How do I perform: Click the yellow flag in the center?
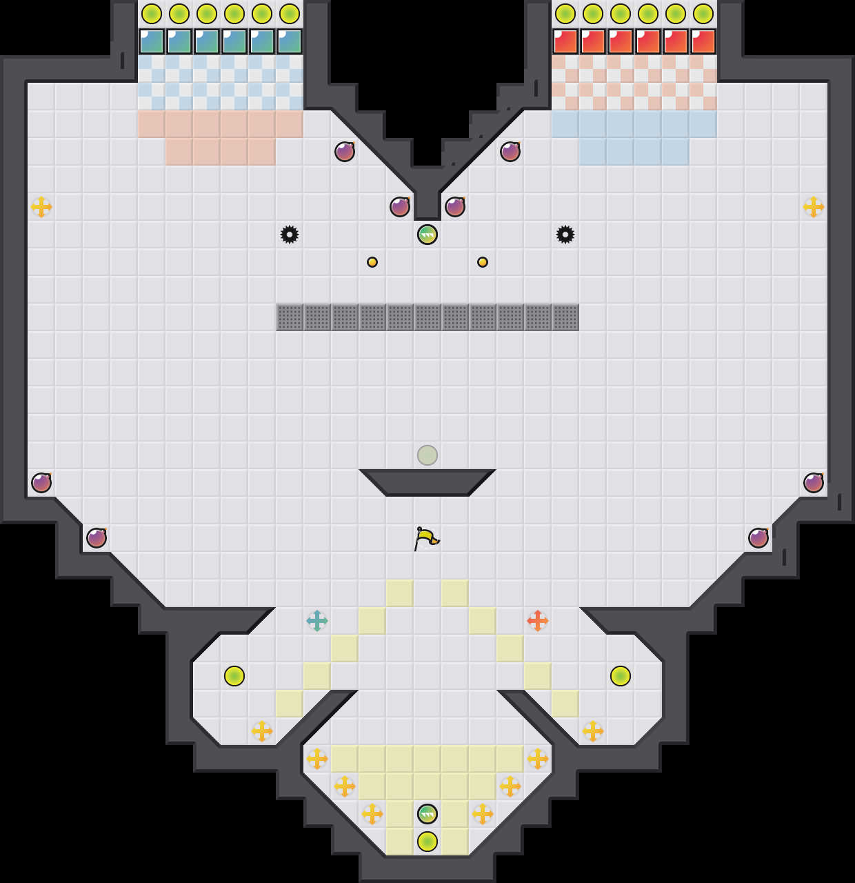426,537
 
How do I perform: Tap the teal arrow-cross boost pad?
317,621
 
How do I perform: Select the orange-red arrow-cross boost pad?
538,621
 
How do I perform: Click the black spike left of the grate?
290,235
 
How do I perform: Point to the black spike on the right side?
565,235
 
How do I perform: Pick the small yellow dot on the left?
372,262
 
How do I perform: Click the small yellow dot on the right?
483,262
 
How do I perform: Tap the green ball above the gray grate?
428,235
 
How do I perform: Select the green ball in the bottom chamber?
428,814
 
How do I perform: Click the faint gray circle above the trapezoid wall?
428,455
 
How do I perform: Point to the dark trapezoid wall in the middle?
428,482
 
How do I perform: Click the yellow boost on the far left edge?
41,207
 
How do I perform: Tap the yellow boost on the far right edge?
814,207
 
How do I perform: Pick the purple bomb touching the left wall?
41,483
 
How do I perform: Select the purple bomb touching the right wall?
814,483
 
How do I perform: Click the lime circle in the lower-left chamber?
234,676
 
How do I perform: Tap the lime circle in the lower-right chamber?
621,676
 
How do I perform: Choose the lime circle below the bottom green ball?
428,842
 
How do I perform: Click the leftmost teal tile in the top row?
152,41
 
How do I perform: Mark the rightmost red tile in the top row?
703,41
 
